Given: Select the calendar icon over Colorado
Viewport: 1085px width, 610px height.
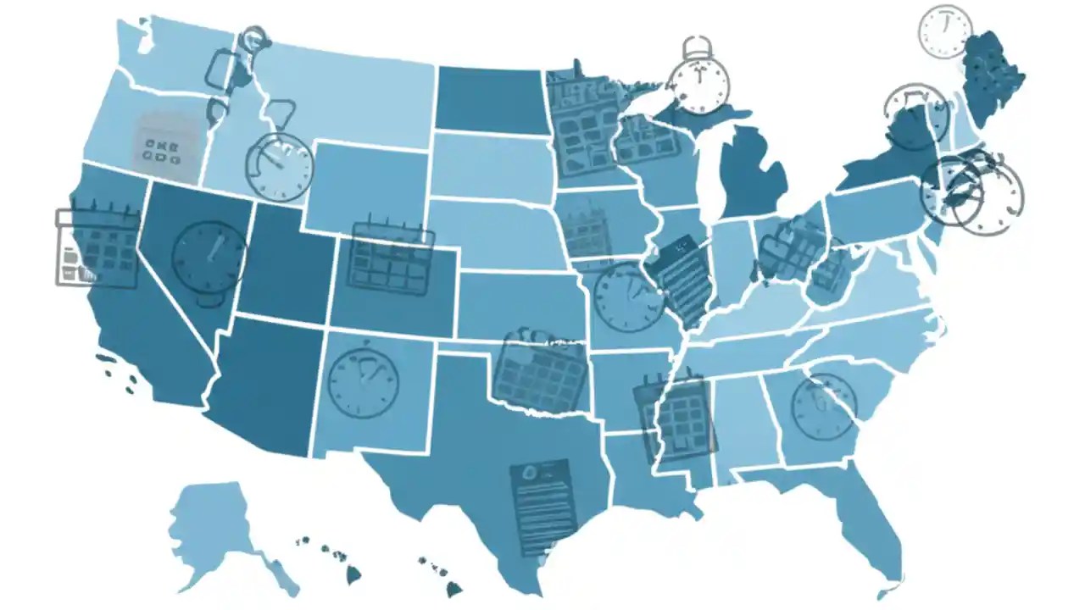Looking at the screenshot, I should pyautogui.click(x=391, y=257).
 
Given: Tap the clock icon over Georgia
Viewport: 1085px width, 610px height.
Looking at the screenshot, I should pyautogui.click(x=823, y=406).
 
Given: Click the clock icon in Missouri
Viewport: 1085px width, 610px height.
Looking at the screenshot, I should pyautogui.click(x=629, y=297).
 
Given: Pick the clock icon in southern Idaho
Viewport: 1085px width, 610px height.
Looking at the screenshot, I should pyautogui.click(x=279, y=165).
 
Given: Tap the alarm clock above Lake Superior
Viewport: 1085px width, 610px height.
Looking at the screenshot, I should pyautogui.click(x=698, y=80).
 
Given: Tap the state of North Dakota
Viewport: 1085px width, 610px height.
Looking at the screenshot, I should pyautogui.click(x=489, y=100).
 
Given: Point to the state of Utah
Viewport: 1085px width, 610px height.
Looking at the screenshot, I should pyautogui.click(x=284, y=263).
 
